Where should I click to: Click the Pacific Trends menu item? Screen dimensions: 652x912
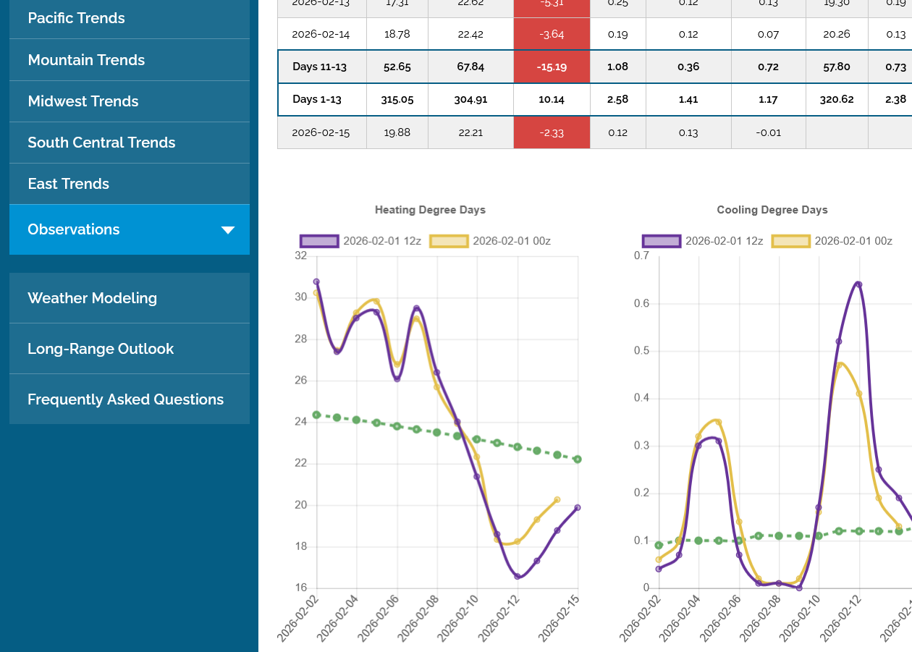click(x=76, y=18)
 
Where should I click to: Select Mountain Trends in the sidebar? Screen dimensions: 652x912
click(x=86, y=60)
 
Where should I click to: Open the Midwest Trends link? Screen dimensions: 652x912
click(x=83, y=101)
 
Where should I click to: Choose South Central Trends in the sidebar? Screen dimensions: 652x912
click(x=101, y=143)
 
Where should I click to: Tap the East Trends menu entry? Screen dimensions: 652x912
click(x=68, y=184)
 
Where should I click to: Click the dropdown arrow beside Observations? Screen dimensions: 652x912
click(x=228, y=230)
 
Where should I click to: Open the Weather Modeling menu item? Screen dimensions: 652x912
click(x=92, y=298)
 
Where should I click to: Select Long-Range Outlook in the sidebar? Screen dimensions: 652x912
click(x=101, y=349)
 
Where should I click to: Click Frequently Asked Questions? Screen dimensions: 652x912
click(x=125, y=399)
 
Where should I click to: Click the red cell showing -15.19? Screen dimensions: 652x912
click(x=552, y=67)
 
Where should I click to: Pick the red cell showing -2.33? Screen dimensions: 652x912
click(x=552, y=132)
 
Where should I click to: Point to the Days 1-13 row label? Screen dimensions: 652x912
click(x=317, y=99)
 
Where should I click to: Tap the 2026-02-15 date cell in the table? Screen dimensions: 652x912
click(x=321, y=132)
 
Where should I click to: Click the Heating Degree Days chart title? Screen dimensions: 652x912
click(x=430, y=210)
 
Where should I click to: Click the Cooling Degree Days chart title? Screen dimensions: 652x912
click(x=772, y=210)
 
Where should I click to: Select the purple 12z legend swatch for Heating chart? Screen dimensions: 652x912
click(x=319, y=241)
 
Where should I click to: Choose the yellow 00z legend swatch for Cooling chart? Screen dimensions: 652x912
click(x=790, y=241)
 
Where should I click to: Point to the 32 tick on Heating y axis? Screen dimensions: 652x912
click(x=301, y=256)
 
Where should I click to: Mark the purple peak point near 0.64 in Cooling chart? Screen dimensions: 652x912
click(x=858, y=284)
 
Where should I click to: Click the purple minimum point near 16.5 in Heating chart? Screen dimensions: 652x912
click(x=518, y=577)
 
